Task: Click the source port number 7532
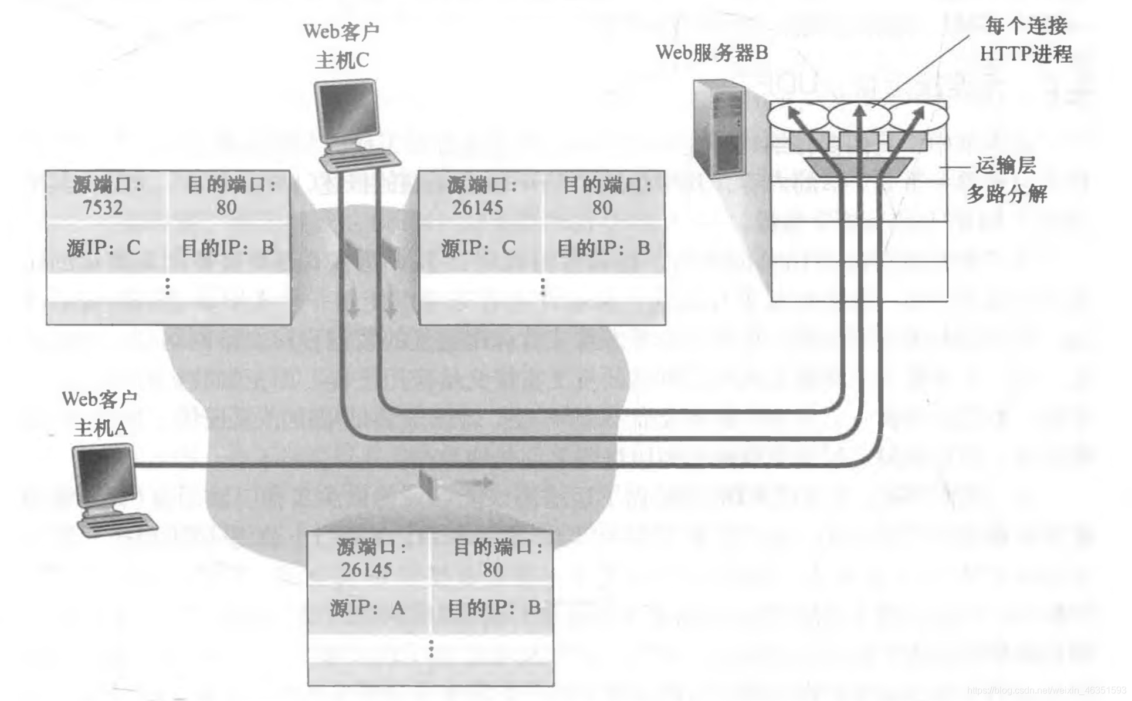click(x=103, y=207)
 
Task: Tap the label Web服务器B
click(x=711, y=53)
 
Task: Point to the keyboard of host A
click(x=118, y=523)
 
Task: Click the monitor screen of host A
click(x=104, y=473)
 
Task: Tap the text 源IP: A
click(x=367, y=607)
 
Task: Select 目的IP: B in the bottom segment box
click(x=493, y=607)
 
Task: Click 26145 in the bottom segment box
click(x=366, y=569)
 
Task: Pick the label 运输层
click(x=1005, y=166)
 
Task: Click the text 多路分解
click(x=1006, y=194)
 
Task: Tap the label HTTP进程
click(x=1026, y=54)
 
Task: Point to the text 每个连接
click(x=1026, y=26)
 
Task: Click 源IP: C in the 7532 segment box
click(x=103, y=248)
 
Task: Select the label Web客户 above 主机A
click(x=99, y=399)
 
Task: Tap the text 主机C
click(x=342, y=60)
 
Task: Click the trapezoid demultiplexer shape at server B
click(x=858, y=167)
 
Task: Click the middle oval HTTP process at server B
click(x=859, y=116)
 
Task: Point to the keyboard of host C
click(x=360, y=159)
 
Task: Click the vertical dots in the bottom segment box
click(x=431, y=648)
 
